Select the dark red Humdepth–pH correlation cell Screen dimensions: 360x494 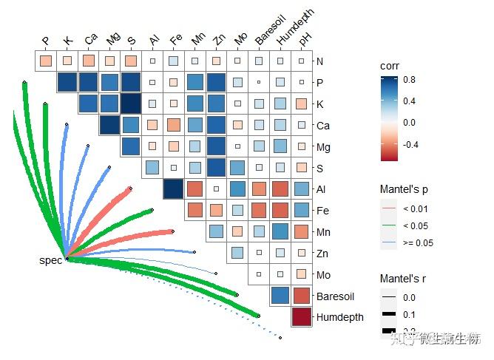pos(301,317)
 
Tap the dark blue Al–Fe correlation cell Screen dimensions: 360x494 pos(174,189)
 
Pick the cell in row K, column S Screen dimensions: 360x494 pos(131,103)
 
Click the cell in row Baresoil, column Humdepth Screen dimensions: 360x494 pos(280,296)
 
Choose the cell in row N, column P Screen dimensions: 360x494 pos(46,61)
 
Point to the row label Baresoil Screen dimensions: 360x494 pos(335,296)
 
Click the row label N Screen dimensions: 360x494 pos(319,61)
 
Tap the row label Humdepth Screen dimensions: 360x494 pos(339,317)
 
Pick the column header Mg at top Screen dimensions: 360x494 pos(112,39)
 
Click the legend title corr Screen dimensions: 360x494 pos(390,66)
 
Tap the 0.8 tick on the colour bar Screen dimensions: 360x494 pos(409,80)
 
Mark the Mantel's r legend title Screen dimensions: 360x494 pos(402,279)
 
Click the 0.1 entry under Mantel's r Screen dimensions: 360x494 pos(407,314)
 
